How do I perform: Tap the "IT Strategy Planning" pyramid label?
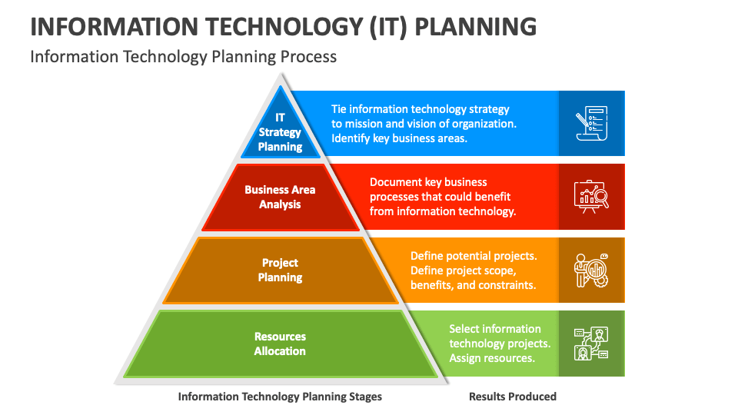280,132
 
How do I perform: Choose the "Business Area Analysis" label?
280,197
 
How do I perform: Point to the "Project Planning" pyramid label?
280,270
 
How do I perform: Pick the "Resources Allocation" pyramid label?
280,344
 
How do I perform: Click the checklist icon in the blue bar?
591,123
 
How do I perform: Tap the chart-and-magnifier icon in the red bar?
591,196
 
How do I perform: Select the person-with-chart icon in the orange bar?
591,270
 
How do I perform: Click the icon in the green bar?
591,344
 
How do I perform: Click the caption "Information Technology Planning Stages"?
280,397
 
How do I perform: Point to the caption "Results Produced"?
513,397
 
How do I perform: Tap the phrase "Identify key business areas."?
399,138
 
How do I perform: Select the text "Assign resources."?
491,358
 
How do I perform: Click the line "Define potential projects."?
473,256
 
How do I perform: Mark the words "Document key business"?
428,182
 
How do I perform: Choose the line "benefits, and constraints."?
473,285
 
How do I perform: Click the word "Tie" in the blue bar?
339,109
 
